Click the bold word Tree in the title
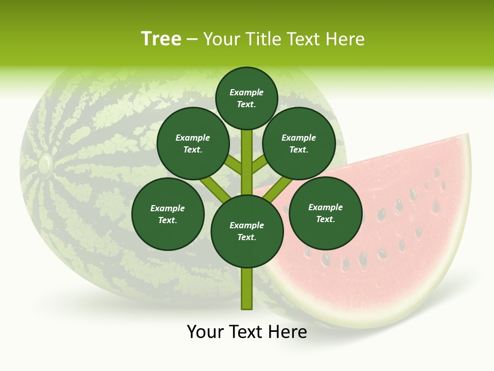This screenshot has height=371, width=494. [x=161, y=39]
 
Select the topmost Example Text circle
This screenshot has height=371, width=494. [x=246, y=98]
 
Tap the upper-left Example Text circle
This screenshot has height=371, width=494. [x=193, y=144]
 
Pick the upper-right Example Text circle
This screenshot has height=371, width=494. [x=299, y=144]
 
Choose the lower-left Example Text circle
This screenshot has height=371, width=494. [x=168, y=214]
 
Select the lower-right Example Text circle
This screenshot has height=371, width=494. [x=325, y=213]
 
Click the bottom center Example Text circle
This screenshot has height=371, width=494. [x=247, y=231]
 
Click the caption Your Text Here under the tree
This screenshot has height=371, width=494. [x=247, y=332]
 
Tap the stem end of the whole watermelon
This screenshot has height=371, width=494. [x=45, y=164]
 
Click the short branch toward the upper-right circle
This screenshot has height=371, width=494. [x=259, y=165]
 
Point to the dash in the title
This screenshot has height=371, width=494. [x=192, y=39]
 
